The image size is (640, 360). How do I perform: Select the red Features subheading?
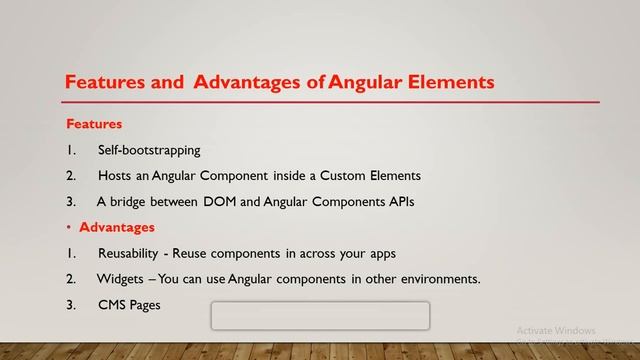click(94, 125)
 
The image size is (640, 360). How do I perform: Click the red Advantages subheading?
click(117, 228)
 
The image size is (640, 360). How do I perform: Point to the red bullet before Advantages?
click(69, 228)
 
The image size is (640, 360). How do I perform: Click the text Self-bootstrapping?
click(149, 150)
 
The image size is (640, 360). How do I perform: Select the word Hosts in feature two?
click(114, 175)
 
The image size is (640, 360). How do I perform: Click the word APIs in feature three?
click(395, 202)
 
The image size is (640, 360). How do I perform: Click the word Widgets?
click(119, 279)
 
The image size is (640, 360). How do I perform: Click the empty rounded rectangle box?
click(320, 316)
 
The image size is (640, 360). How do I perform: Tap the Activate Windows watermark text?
click(556, 330)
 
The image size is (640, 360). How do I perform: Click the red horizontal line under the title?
click(330, 102)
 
